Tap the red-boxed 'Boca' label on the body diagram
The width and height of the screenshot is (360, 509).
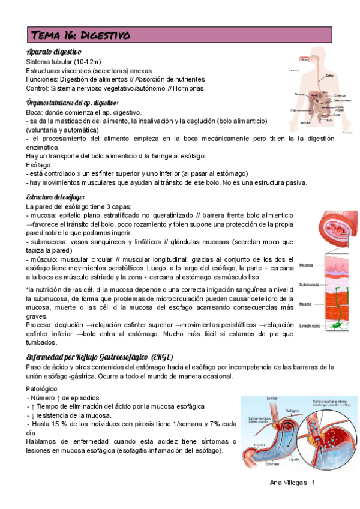(304, 59)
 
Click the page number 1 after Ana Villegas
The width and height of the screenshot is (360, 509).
(313, 483)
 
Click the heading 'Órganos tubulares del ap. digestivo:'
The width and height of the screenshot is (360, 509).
(73, 103)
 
